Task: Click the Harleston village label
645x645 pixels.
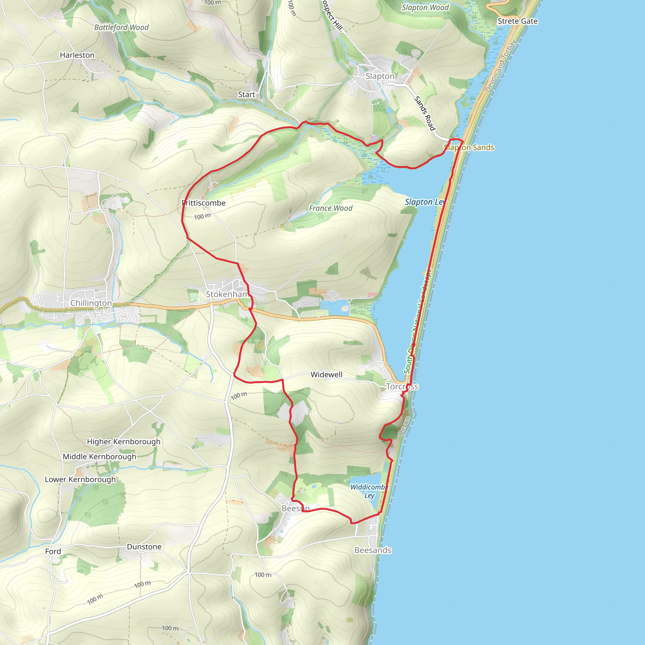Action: pyautogui.click(x=77, y=55)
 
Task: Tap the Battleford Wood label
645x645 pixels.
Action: pyautogui.click(x=121, y=27)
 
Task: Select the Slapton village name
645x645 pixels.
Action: pyautogui.click(x=380, y=76)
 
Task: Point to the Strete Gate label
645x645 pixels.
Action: pyautogui.click(x=517, y=21)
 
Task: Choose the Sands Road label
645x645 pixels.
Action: pyautogui.click(x=425, y=113)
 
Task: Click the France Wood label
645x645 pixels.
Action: pyautogui.click(x=330, y=208)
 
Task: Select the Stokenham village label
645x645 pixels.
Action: pyautogui.click(x=227, y=294)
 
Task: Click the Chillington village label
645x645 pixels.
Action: pyautogui.click(x=91, y=303)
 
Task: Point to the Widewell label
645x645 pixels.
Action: pyautogui.click(x=326, y=374)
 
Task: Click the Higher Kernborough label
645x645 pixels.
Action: pyautogui.click(x=123, y=441)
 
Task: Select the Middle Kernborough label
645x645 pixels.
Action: pyautogui.click(x=100, y=456)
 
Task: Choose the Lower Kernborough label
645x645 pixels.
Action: pyautogui.click(x=80, y=479)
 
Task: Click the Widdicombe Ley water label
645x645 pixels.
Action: pyautogui.click(x=369, y=491)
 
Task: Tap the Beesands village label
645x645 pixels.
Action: pyautogui.click(x=373, y=550)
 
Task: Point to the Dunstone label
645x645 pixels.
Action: pyautogui.click(x=144, y=546)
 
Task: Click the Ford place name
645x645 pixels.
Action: pyautogui.click(x=53, y=551)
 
